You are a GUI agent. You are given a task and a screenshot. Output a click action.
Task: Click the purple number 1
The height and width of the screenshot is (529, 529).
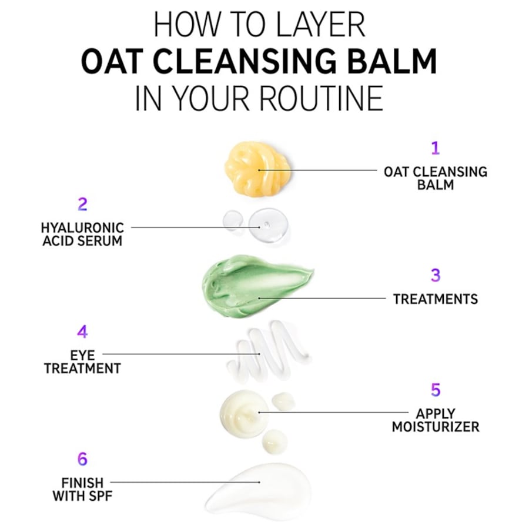pyautogui.click(x=435, y=148)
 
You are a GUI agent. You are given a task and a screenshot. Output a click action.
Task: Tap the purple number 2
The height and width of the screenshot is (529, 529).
pyautogui.click(x=82, y=205)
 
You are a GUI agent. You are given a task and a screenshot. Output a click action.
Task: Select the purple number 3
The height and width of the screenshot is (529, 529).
pyautogui.click(x=436, y=275)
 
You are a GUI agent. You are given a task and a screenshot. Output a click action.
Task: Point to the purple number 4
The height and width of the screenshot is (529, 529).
pyautogui.click(x=82, y=332)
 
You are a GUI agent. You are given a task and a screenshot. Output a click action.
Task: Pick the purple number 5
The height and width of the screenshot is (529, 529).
pyautogui.click(x=436, y=390)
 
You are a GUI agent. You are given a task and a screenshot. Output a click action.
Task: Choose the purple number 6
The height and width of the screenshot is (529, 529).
pyautogui.click(x=82, y=459)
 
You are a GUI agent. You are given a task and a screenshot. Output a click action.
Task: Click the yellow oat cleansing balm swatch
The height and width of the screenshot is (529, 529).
pyautogui.click(x=257, y=169)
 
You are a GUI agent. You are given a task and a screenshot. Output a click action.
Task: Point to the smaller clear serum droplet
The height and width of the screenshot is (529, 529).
pyautogui.click(x=233, y=220)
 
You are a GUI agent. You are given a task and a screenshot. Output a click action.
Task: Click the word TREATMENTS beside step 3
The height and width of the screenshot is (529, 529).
pyautogui.click(x=435, y=299)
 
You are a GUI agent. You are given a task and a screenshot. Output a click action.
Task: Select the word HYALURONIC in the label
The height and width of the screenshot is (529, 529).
pyautogui.click(x=82, y=228)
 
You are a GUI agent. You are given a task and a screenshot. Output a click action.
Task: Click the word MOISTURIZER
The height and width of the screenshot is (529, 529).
pyautogui.click(x=435, y=427)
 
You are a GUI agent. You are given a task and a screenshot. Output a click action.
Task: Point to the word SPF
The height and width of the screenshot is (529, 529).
pyautogui.click(x=100, y=496)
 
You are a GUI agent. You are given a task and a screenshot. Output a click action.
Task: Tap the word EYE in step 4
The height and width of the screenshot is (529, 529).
pyautogui.click(x=82, y=355)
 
